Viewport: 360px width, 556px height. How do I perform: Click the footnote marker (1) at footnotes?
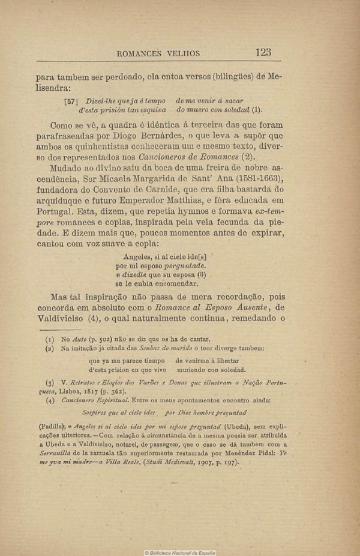click(50, 339)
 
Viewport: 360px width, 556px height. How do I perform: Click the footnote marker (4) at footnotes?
click(50, 400)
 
